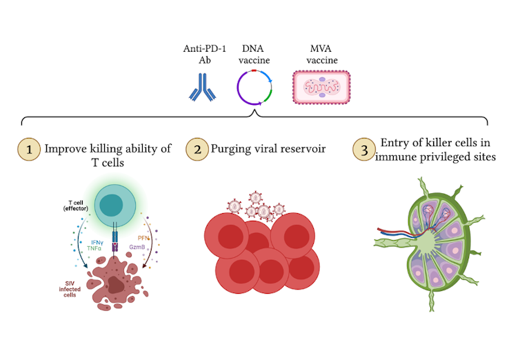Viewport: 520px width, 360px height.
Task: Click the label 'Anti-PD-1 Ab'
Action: click(x=199, y=54)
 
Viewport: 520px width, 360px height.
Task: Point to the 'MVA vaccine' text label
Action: click(x=319, y=54)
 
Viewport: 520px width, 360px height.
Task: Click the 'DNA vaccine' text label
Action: click(x=255, y=54)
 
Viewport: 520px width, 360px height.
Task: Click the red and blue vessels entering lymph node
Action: click(x=393, y=233)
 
